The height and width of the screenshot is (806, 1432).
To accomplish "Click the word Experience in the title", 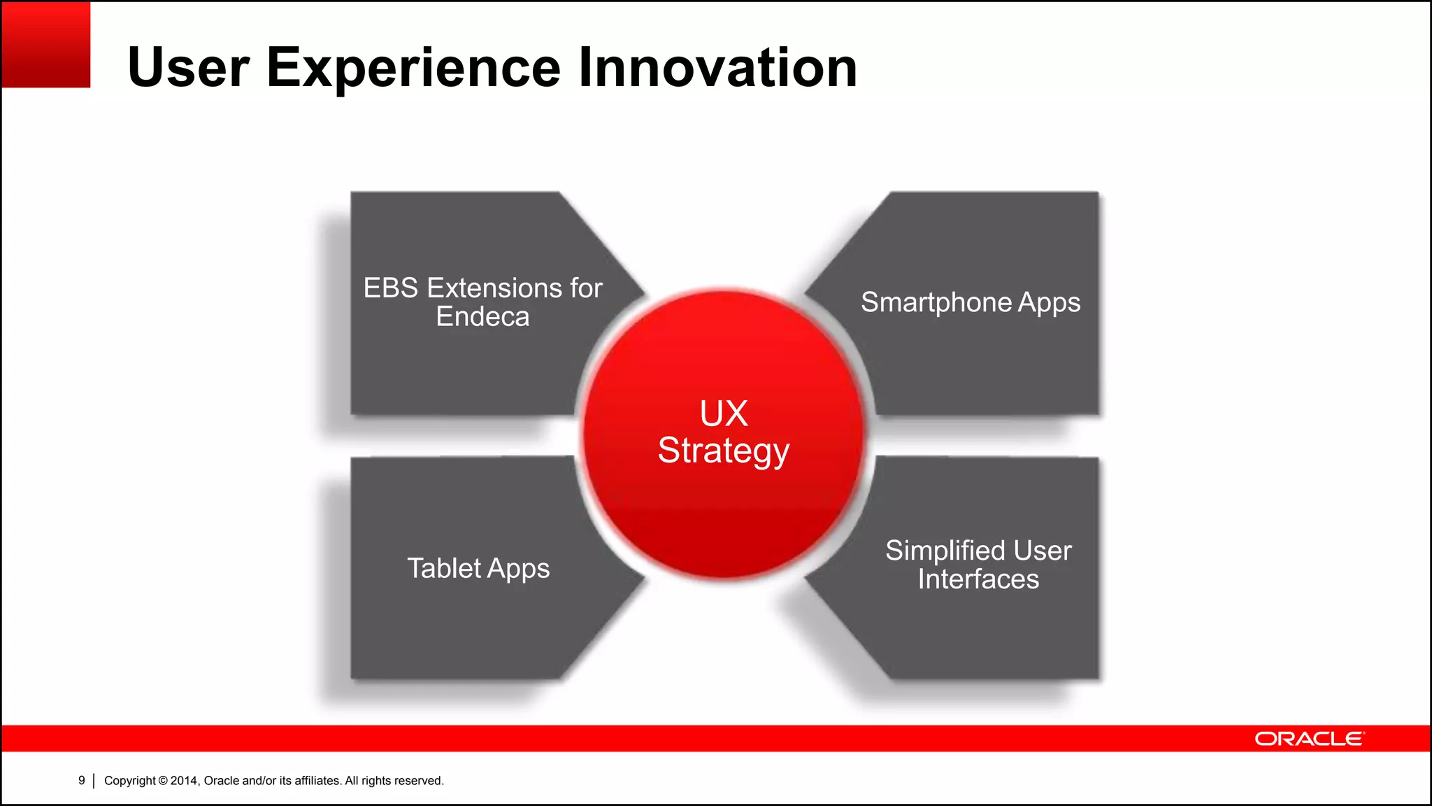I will (x=413, y=68).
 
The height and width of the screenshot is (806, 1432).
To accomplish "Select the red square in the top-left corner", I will (x=46, y=45).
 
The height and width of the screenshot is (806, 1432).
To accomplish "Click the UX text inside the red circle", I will (x=724, y=413).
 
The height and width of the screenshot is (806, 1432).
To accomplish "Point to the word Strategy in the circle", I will (x=724, y=451).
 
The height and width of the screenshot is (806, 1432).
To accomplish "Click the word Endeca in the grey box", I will (x=482, y=317).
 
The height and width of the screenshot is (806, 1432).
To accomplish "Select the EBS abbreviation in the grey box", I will (x=391, y=288).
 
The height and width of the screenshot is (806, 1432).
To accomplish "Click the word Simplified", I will (x=945, y=551).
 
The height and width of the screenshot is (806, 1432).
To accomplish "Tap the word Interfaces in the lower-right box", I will (x=978, y=579).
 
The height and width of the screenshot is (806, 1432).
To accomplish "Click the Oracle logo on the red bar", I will (x=1309, y=739).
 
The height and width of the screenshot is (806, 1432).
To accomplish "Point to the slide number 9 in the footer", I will (x=82, y=780).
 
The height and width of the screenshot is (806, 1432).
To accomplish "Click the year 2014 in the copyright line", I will (x=184, y=781).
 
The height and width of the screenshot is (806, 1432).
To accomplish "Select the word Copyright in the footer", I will (x=129, y=781).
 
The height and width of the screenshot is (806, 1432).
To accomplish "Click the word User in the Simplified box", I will (x=1043, y=551).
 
